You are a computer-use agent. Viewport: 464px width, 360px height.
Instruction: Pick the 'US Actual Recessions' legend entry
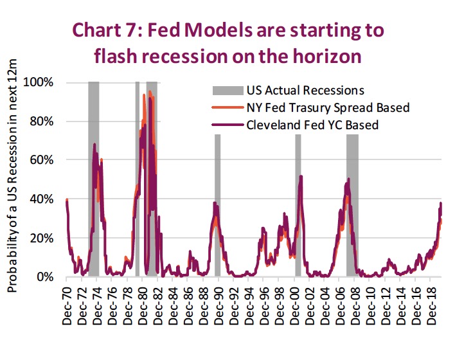tap(305, 89)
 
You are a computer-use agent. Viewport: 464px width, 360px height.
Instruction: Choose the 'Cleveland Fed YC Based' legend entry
tap(312, 125)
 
